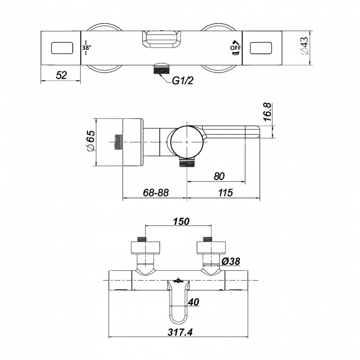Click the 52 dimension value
61,75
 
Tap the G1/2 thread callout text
183,81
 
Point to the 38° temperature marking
86,48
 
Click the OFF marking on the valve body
235,48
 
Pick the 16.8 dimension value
268,112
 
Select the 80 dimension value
219,176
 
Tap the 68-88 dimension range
156,193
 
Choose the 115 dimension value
225,193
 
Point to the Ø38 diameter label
231,261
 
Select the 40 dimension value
193,302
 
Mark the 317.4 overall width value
180,332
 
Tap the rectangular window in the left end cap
62,48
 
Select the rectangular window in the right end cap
261,48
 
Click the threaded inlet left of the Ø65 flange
119,142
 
